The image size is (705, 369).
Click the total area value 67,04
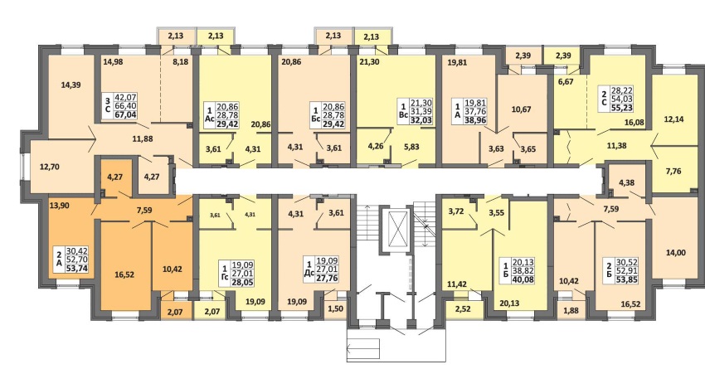(x=126, y=114)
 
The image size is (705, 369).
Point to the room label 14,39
(x=70, y=85)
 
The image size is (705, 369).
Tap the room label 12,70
(x=49, y=167)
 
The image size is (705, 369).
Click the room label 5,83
(x=411, y=147)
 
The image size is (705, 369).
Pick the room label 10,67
(x=522, y=109)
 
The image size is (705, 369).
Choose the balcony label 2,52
(x=464, y=308)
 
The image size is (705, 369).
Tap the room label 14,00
(x=675, y=253)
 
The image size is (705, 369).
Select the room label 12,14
(x=674, y=120)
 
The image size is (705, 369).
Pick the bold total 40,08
(x=523, y=279)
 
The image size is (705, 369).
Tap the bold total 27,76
(x=327, y=278)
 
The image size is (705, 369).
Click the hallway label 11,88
(x=143, y=138)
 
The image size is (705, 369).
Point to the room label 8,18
(x=180, y=62)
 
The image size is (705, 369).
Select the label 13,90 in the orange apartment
(x=59, y=205)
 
